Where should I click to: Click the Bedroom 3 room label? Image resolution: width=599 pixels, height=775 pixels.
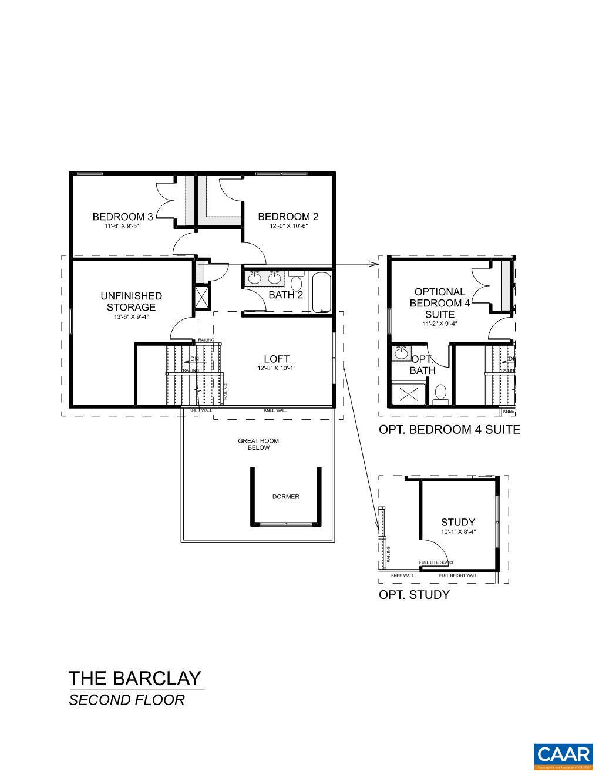click(x=123, y=217)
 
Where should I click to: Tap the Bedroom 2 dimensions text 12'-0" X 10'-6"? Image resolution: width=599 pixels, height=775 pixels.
click(x=288, y=226)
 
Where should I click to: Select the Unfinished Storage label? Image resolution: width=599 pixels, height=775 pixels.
click(x=131, y=301)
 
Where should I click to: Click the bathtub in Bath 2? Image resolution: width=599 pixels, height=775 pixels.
click(x=321, y=292)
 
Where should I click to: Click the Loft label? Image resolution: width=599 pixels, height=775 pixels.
click(x=276, y=359)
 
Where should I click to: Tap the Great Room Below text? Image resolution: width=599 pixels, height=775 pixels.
click(x=258, y=444)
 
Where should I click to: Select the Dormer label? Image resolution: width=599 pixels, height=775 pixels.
click(x=285, y=497)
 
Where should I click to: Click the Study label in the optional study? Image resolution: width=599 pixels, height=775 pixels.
click(x=458, y=522)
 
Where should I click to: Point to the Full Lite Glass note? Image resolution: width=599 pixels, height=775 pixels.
click(x=436, y=562)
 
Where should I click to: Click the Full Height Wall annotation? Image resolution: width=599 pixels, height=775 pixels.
click(x=458, y=575)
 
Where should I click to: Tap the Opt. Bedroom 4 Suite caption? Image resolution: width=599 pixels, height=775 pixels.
click(x=449, y=429)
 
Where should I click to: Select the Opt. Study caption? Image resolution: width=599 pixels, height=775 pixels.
click(x=414, y=595)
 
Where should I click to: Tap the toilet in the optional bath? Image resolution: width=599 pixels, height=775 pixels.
click(x=440, y=393)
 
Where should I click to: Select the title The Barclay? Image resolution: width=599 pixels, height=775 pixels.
click(x=135, y=679)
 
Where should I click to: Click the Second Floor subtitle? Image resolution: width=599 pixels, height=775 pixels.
click(x=127, y=700)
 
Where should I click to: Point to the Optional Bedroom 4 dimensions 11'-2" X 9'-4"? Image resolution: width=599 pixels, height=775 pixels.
click(x=440, y=323)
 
